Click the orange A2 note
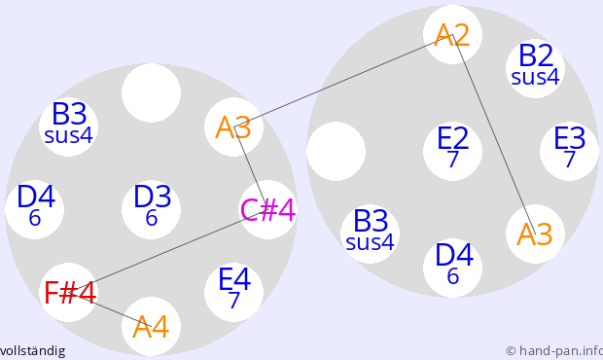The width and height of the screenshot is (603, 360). (x=452, y=35)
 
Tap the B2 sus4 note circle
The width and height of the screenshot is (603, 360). (x=535, y=68)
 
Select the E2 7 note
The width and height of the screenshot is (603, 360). (x=452, y=151)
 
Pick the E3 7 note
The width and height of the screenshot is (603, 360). (x=570, y=151)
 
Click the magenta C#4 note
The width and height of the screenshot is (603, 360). (x=267, y=209)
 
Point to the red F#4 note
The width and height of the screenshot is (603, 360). (x=68, y=292)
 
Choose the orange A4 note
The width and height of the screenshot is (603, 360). (x=151, y=326)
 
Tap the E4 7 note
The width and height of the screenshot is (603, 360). (x=233, y=292)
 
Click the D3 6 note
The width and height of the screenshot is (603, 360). (x=151, y=209)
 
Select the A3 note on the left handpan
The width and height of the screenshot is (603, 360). (x=233, y=126)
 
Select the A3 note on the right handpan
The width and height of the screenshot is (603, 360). (x=535, y=234)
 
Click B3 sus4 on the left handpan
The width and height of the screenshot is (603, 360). (x=68, y=126)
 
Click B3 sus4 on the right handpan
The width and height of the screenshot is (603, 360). (x=370, y=234)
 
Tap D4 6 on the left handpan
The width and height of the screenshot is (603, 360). (x=35, y=209)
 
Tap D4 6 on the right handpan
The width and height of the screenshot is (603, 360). (x=452, y=268)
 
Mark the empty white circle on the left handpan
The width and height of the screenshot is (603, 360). (x=151, y=93)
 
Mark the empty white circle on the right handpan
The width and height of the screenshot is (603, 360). (x=336, y=151)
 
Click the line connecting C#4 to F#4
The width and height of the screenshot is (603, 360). (x=168, y=251)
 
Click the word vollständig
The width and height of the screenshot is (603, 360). (x=32, y=351)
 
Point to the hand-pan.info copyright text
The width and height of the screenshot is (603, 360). (x=554, y=351)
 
